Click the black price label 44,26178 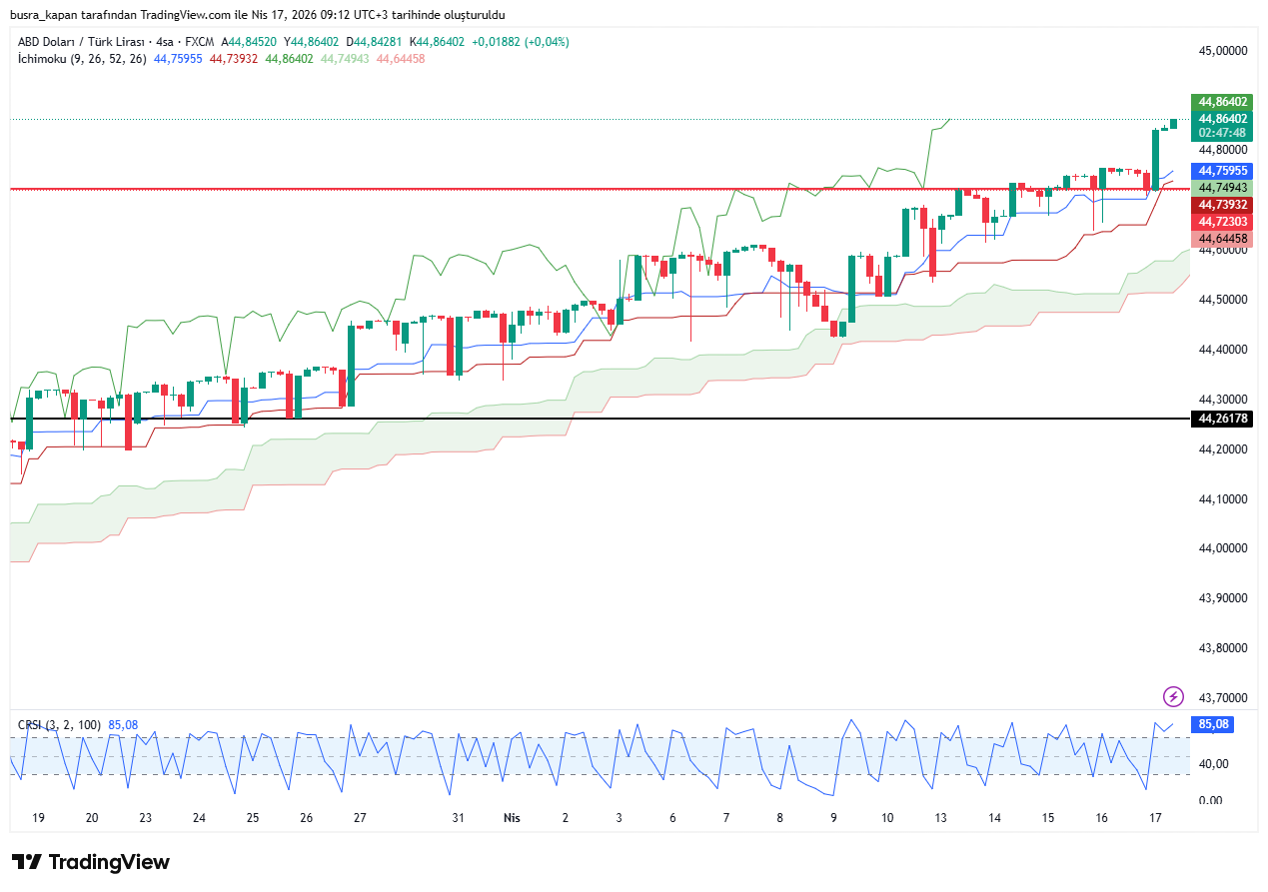pyautogui.click(x=1223, y=419)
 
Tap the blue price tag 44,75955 pyautogui.click(x=1223, y=171)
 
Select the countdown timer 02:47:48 pyautogui.click(x=1223, y=133)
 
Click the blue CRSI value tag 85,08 pyautogui.click(x=1213, y=725)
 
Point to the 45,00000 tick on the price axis pyautogui.click(x=1222, y=50)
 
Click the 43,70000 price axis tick pyautogui.click(x=1222, y=697)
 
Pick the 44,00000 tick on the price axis pyautogui.click(x=1222, y=548)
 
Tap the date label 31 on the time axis pyautogui.click(x=459, y=817)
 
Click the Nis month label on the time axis pyautogui.click(x=512, y=817)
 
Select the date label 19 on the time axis pyautogui.click(x=39, y=817)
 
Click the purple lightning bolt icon pyautogui.click(x=1174, y=696)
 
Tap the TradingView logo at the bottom pyautogui.click(x=91, y=862)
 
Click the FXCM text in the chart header pyautogui.click(x=200, y=42)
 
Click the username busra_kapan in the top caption pyautogui.click(x=50, y=15)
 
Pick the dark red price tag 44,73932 pyautogui.click(x=1223, y=205)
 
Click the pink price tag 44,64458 pyautogui.click(x=1223, y=239)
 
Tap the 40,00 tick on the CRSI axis pyautogui.click(x=1212, y=764)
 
